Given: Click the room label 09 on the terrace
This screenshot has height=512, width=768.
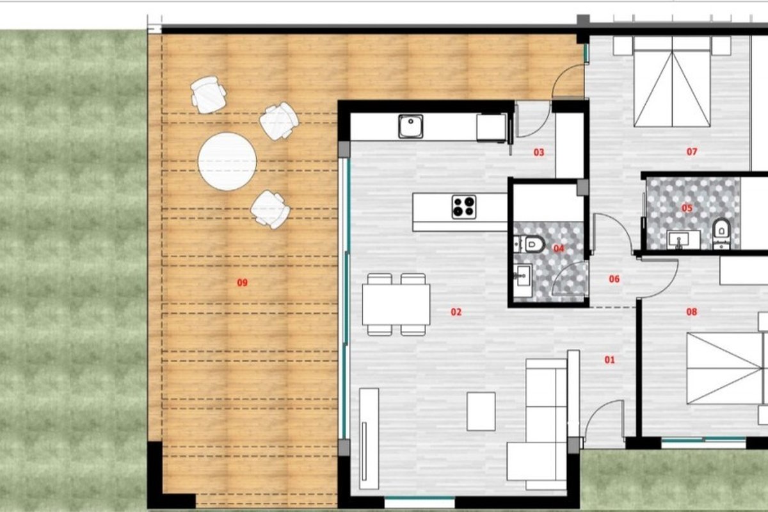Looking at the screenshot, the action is tap(242, 283).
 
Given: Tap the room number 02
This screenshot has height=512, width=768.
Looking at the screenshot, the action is tap(456, 312).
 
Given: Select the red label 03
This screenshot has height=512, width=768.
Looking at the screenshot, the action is tap(539, 152).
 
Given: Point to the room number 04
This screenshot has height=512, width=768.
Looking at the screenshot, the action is tap(559, 248).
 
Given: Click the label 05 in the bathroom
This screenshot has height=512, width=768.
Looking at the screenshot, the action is tap(687, 208).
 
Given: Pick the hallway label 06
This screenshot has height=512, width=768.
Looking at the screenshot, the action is tap(614, 279).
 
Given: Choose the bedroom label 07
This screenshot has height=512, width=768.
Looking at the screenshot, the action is tap(692, 151).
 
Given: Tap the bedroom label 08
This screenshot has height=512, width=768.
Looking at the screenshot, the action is tap(692, 312).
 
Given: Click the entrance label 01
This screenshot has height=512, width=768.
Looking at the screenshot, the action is tap(609, 360).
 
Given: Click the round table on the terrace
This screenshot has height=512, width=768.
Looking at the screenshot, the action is tap(227, 161).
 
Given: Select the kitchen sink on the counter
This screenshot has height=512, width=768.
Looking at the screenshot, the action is tap(410, 126).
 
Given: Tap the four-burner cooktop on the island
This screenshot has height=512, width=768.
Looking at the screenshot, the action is tap(464, 207).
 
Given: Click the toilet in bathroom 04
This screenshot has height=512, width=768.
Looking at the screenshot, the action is tap(532, 244).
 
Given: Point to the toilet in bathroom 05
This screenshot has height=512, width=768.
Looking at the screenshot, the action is tap(721, 232).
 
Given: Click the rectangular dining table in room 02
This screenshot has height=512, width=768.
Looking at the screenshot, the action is tap(396, 304).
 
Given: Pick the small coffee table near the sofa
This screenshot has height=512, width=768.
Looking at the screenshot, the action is tap(481, 412).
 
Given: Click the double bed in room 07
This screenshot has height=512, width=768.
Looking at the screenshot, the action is tap(671, 82).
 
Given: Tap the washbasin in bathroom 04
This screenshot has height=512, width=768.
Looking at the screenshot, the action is tap(522, 275).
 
